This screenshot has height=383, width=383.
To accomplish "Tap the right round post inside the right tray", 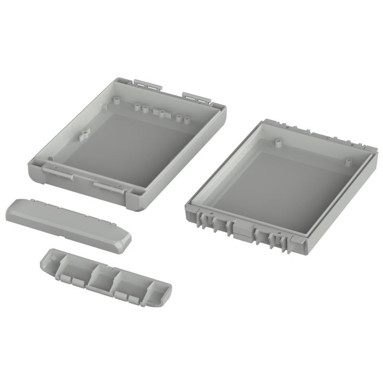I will (x=348, y=161).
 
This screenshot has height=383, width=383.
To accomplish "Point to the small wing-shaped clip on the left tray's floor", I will (x=84, y=134).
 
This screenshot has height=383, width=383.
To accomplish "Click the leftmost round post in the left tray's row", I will (x=118, y=100).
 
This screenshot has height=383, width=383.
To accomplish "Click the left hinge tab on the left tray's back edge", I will (x=148, y=83).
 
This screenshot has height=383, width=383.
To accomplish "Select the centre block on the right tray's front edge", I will (x=241, y=227).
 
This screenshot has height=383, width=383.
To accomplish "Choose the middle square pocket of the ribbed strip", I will (x=101, y=277).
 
